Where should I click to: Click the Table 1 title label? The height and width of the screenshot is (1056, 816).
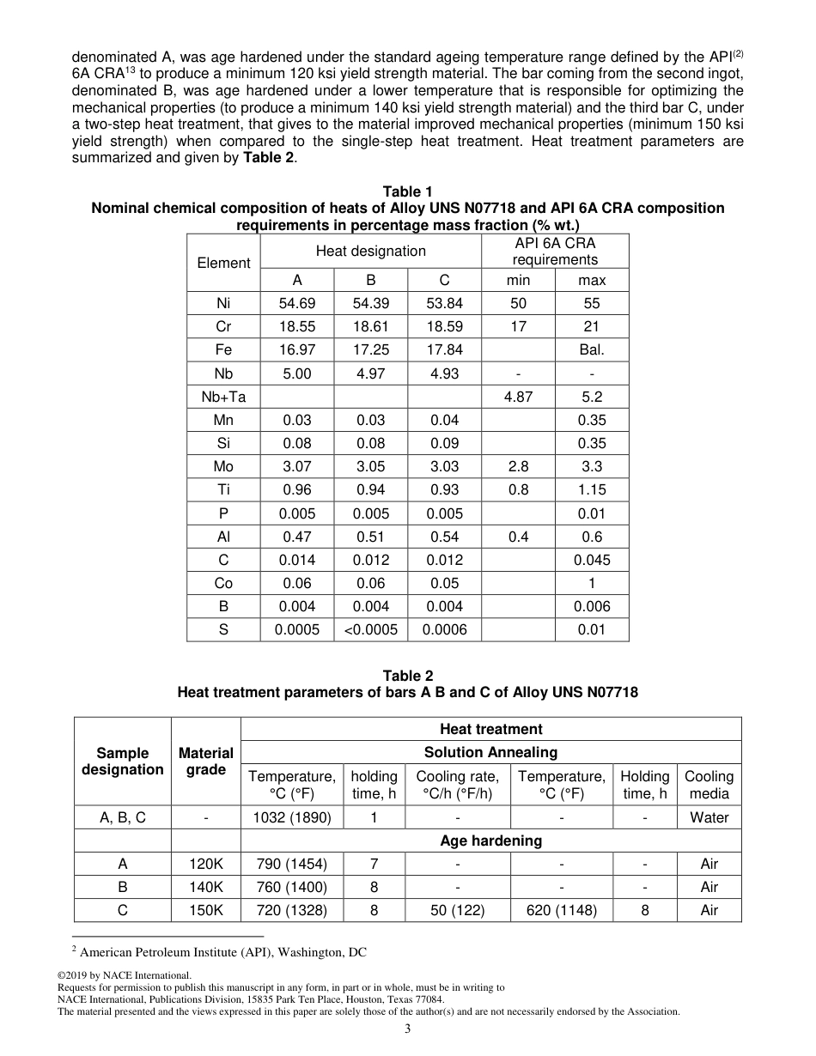point(408,191)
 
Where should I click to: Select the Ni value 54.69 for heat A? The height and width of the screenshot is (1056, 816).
point(297,303)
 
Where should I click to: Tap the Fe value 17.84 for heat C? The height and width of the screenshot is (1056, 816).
point(444,349)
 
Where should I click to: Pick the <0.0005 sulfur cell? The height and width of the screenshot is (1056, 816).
point(371,629)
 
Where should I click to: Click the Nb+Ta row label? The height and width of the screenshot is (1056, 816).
point(223,397)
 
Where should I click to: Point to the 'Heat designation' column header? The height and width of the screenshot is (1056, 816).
point(370,251)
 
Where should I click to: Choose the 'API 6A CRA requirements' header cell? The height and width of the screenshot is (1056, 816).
point(554,251)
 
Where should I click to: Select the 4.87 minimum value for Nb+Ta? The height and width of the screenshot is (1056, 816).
point(518,397)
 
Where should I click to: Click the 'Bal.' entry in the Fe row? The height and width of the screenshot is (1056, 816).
point(591,349)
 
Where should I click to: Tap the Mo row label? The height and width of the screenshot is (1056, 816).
point(223,466)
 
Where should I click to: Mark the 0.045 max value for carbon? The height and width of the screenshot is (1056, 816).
point(591,560)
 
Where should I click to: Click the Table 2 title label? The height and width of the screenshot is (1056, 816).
point(408,676)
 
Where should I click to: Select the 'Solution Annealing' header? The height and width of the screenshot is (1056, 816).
point(490,752)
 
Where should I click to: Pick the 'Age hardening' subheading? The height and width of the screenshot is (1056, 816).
point(490,841)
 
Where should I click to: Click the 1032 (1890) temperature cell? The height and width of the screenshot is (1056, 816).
point(292,817)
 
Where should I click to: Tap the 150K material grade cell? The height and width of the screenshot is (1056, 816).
point(206,910)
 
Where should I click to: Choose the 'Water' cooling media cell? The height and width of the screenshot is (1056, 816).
point(709,817)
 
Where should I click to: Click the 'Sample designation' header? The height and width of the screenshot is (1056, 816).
point(123,762)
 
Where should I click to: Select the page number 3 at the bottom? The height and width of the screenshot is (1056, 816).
point(408,1029)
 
